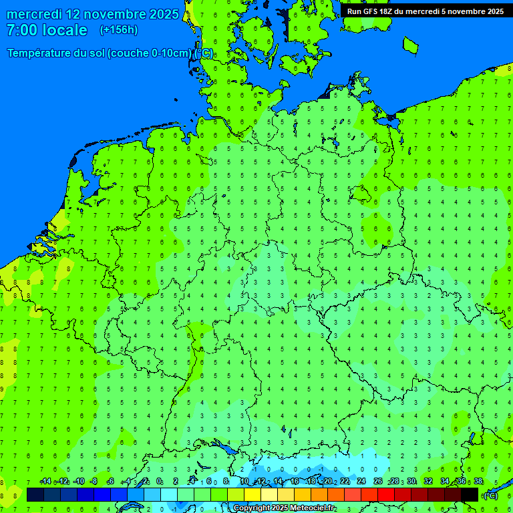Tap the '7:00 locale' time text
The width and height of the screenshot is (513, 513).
tap(47, 30)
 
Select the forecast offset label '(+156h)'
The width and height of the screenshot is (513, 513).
tap(119, 30)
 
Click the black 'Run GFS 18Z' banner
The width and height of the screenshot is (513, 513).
tap(425, 11)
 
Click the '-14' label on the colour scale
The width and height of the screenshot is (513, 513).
tap(45, 482)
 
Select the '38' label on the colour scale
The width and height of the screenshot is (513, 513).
tap(478, 482)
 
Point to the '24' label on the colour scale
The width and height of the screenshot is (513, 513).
tap(361, 482)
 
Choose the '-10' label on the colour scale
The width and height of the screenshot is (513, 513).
tap(78, 482)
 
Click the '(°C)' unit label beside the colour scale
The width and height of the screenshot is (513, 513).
tap(490, 495)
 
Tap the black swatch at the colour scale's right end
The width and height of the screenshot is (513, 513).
tap(470, 495)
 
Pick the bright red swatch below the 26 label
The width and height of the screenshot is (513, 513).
tap(386, 495)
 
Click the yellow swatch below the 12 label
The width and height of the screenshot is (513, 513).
tap(252, 495)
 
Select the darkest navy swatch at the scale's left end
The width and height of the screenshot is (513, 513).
tap(35, 495)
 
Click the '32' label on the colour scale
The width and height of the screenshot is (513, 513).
tap(428, 482)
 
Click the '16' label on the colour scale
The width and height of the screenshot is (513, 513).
tap(295, 482)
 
